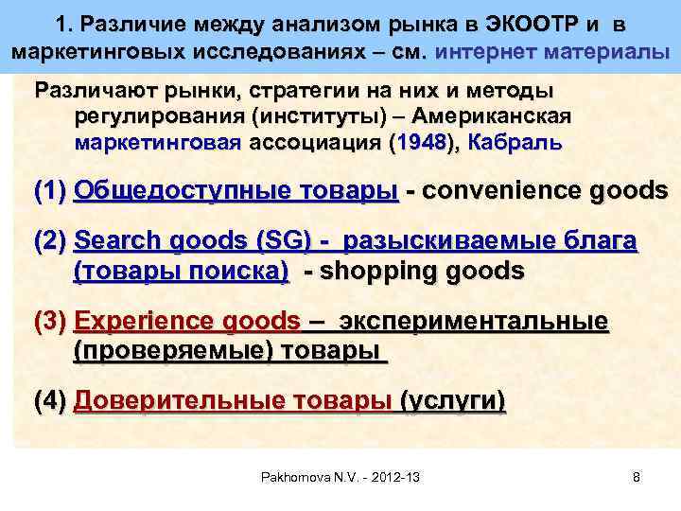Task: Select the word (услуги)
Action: (x=454, y=402)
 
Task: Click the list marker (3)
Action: (x=49, y=323)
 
